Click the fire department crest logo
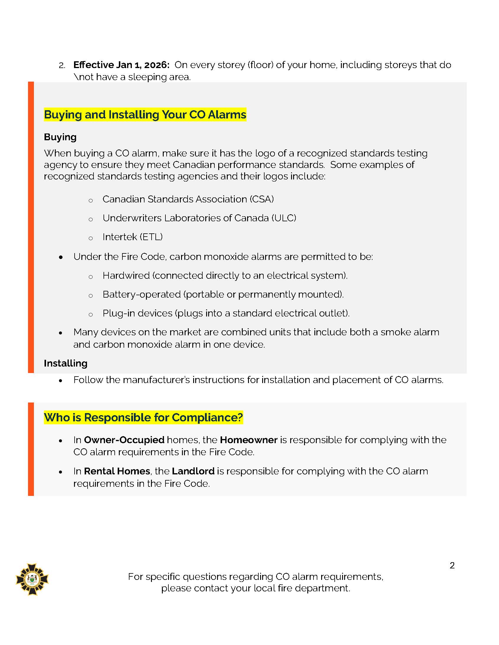(32, 579)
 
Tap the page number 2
(452, 565)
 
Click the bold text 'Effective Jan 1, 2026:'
(121, 65)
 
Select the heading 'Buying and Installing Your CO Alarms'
(145, 115)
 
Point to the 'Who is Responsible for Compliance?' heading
(143, 417)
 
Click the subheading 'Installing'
(66, 363)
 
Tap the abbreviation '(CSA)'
(262, 199)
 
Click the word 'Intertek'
(120, 237)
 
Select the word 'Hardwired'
(126, 276)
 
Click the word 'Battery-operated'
(142, 294)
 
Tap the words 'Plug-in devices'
(137, 313)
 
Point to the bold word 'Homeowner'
(249, 440)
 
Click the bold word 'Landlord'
(193, 471)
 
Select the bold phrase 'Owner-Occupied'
(124, 440)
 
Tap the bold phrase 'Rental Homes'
(117, 471)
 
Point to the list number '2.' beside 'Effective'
(62, 65)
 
